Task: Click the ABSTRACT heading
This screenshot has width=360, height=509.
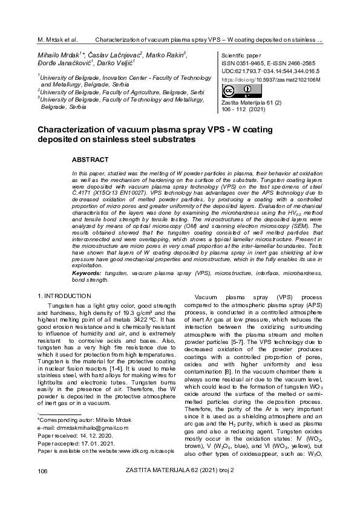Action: (x=90, y=160)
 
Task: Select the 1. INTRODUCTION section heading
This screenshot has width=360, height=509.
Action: (x=65, y=296)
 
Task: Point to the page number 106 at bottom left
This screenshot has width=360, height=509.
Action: (x=42, y=487)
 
